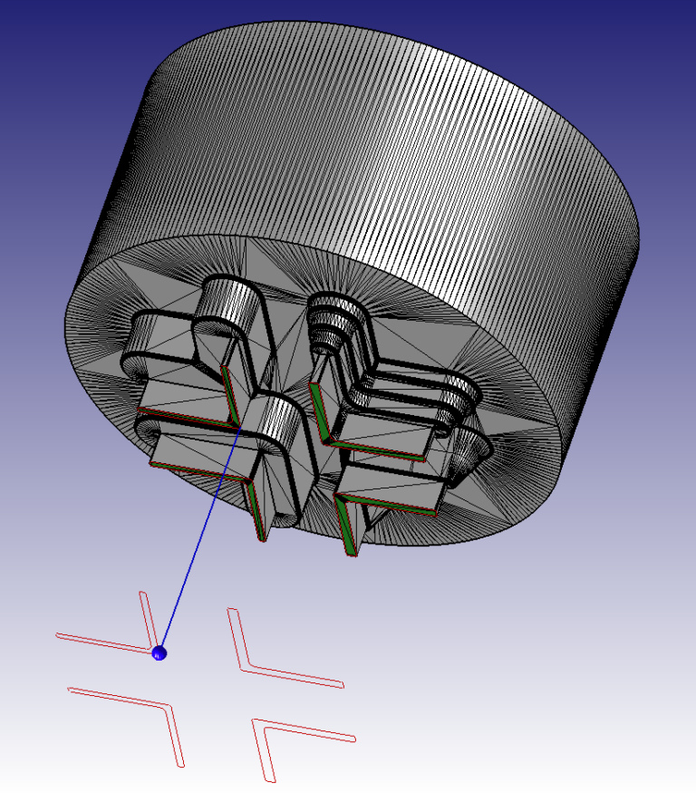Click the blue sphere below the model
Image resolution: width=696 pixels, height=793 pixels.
(x=160, y=653)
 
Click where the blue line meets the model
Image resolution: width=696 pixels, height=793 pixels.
(x=238, y=430)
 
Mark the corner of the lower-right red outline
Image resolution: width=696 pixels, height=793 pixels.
(x=258, y=723)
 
